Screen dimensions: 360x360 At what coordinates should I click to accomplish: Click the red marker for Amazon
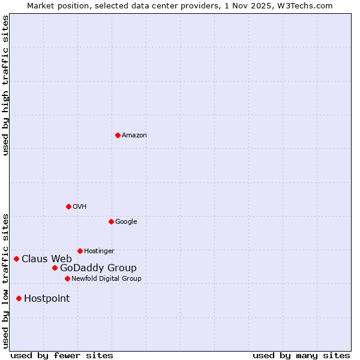click(118, 135)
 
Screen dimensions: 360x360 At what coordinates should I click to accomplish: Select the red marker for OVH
click(68, 206)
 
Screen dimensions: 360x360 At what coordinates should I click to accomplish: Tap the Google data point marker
click(111, 221)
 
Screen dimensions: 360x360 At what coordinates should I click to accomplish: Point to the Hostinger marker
click(80, 251)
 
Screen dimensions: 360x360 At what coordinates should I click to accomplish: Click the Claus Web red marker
click(16, 259)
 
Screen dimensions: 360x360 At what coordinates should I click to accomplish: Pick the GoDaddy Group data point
click(55, 268)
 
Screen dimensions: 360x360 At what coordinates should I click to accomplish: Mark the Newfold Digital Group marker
click(67, 278)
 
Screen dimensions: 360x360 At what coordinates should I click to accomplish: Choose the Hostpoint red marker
click(19, 298)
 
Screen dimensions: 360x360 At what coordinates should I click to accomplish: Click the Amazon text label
click(134, 136)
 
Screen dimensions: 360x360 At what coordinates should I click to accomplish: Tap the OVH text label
click(80, 207)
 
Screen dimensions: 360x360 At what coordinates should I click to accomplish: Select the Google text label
click(126, 222)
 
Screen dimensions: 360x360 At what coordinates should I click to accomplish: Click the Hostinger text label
click(99, 251)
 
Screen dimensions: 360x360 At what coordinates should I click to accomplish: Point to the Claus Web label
click(47, 259)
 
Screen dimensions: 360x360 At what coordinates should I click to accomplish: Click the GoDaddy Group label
click(98, 268)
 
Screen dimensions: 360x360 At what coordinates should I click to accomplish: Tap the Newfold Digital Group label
click(106, 279)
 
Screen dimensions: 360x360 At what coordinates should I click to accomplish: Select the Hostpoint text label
click(47, 299)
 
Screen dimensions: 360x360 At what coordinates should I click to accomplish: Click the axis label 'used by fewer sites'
click(62, 355)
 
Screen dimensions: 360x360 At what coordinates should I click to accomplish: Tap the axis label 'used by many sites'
click(301, 355)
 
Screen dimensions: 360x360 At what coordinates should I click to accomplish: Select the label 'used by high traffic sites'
click(5, 85)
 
